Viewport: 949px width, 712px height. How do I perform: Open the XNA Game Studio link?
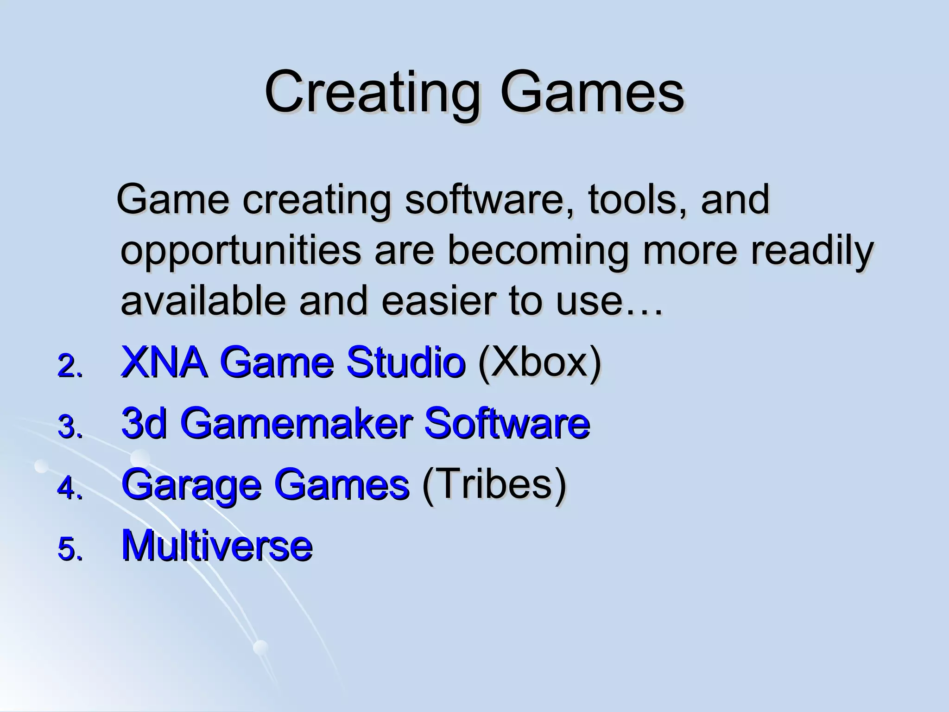coord(293,362)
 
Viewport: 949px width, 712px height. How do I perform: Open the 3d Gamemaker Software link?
coord(355,423)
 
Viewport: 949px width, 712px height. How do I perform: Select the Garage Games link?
coord(265,484)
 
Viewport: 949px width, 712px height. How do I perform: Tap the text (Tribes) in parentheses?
coord(494,484)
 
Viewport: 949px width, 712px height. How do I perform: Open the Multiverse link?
coord(217,545)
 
